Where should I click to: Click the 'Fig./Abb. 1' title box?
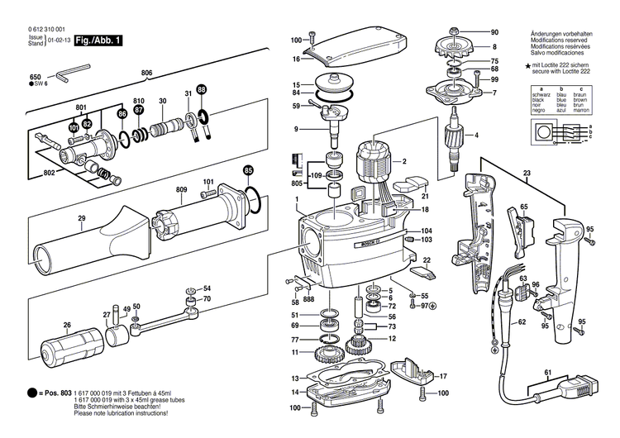pos(98,40)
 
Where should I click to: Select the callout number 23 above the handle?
pos(526,174)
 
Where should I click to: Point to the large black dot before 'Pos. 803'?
pos(31,393)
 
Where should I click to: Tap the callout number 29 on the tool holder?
pos(81,218)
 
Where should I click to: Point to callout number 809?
pos(181,190)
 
